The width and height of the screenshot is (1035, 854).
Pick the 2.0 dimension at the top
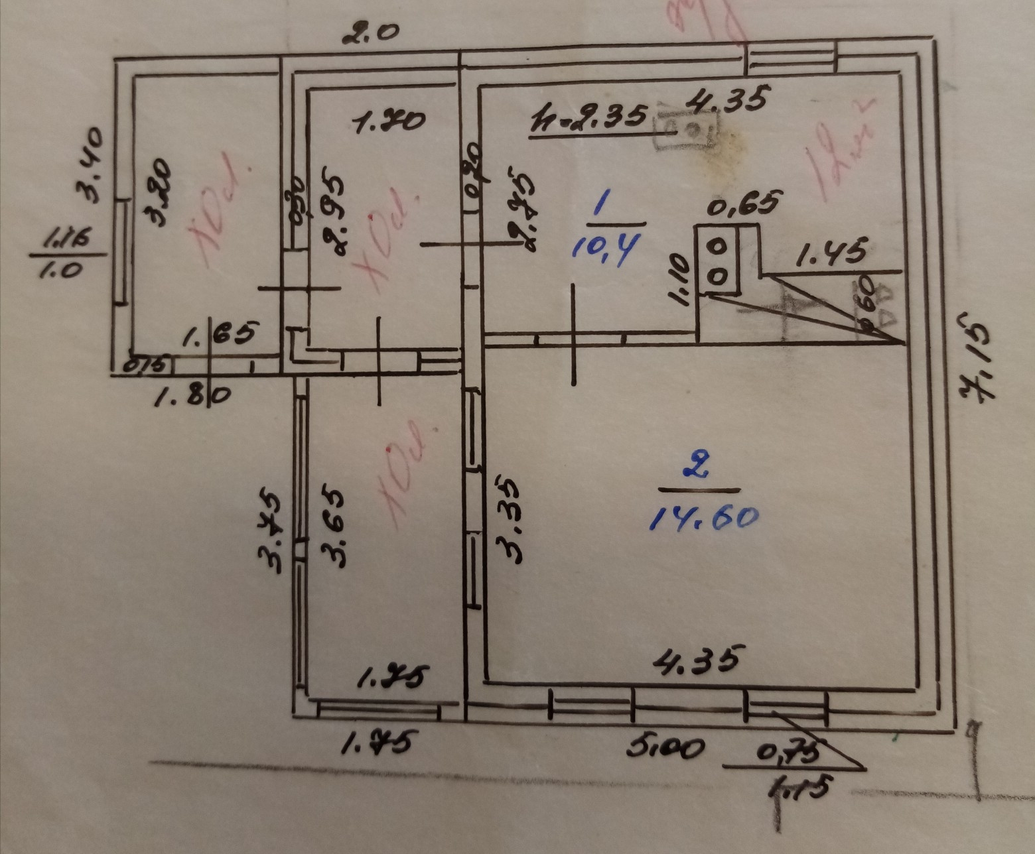372,33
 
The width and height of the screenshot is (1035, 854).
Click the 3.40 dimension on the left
90,164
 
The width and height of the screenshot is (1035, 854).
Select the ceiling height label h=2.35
588,117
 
